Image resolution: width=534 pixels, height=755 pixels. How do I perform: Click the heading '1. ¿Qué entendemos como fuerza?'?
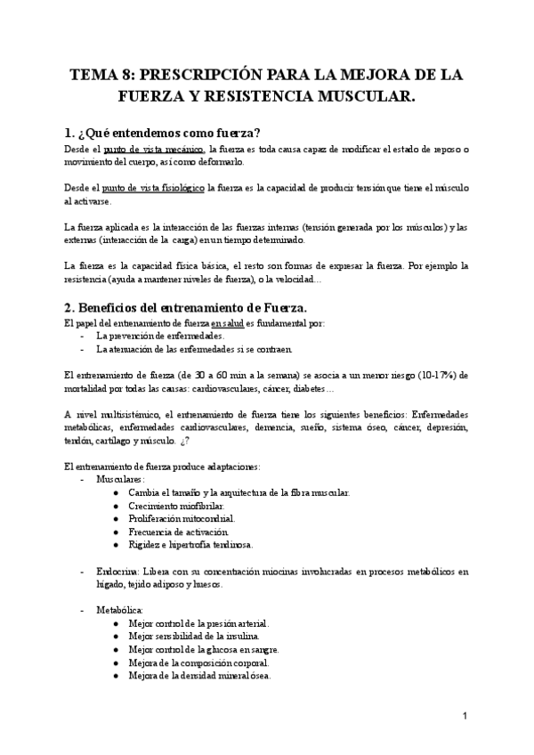[x=157, y=131]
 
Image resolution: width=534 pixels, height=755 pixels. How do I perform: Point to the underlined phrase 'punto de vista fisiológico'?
[x=154, y=189]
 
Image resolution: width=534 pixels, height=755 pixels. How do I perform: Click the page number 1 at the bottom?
[x=465, y=716]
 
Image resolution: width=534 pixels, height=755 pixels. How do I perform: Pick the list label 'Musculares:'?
[x=121, y=479]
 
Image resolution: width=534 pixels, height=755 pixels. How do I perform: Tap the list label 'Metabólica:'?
[x=120, y=610]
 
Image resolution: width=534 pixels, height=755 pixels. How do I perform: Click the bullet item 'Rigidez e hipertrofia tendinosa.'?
[x=190, y=544]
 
